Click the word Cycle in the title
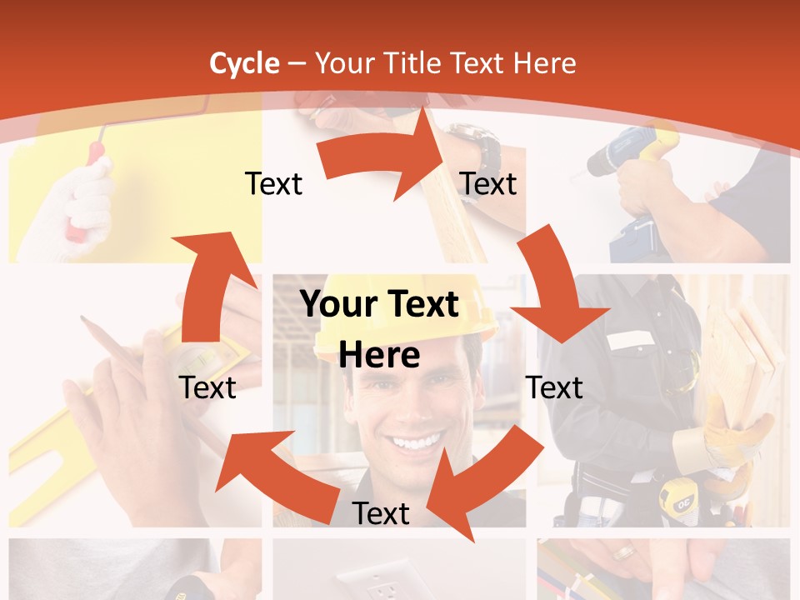click(244, 63)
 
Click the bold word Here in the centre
click(379, 355)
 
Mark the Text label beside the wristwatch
click(488, 183)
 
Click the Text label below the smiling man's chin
click(381, 513)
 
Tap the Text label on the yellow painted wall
click(273, 183)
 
